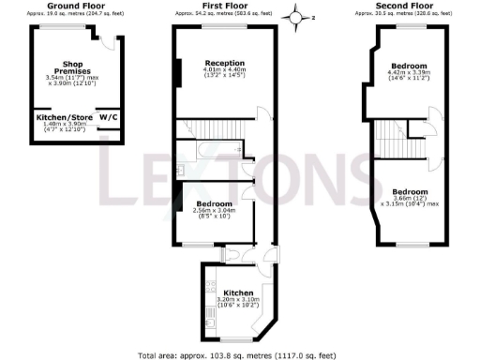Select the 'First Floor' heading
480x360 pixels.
(x=223, y=7)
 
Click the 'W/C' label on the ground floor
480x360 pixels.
(x=108, y=118)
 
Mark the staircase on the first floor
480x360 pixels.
(x=217, y=128)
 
